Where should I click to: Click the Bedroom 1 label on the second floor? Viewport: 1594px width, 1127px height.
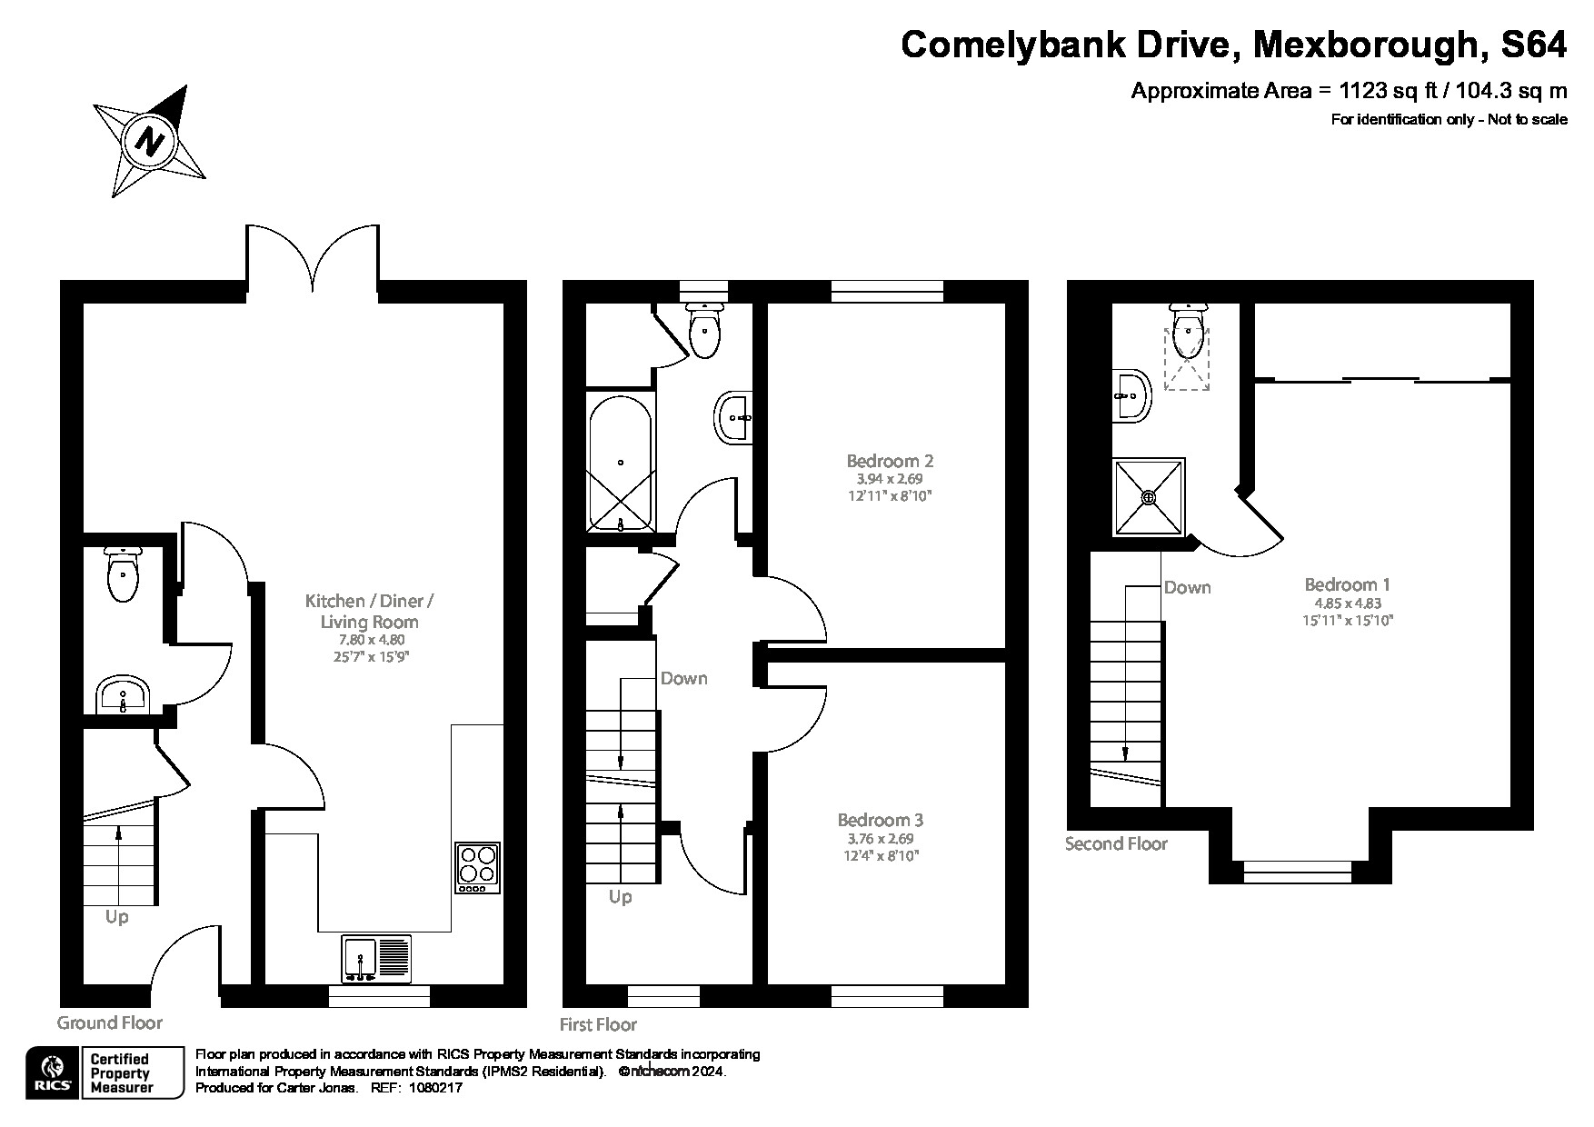point(1347,584)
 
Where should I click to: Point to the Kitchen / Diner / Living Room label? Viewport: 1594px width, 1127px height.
point(369,611)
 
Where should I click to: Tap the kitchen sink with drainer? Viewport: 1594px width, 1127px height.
point(376,958)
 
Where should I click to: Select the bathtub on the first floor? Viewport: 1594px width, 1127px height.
point(620,462)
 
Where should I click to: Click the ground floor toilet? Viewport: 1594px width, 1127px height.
point(122,575)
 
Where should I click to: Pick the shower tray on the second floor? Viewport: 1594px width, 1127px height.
point(1150,497)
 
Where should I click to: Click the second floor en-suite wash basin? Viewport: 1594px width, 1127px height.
point(1131,396)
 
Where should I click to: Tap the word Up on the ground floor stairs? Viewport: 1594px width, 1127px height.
point(116,917)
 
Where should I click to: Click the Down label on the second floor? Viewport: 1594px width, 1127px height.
point(1187,587)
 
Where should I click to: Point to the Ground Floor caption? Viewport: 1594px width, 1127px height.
point(110,1022)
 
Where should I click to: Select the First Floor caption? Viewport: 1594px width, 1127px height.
point(598,1024)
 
